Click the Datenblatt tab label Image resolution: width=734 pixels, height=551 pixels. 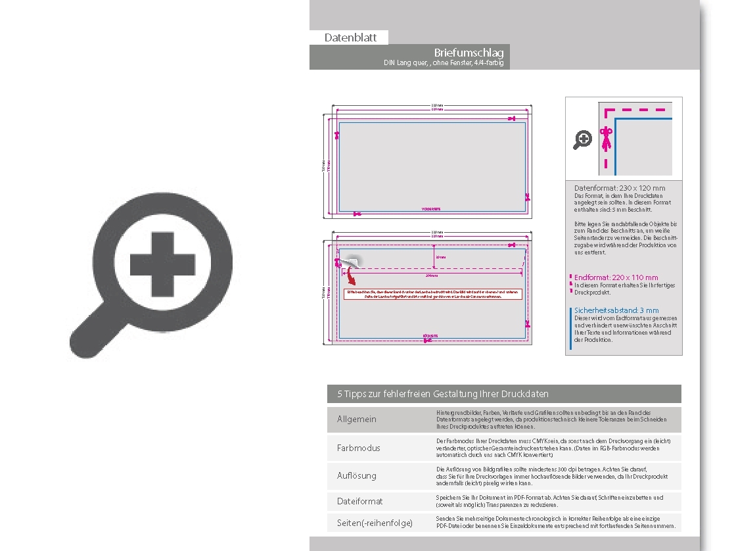[x=350, y=38]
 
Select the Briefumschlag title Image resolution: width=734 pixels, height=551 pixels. [x=469, y=53]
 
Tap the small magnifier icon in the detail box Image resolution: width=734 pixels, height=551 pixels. [x=582, y=140]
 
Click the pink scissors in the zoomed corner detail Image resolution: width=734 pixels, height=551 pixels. [x=607, y=139]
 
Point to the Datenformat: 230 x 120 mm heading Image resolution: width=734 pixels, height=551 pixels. [x=620, y=188]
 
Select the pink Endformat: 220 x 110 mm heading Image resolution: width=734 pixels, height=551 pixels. [x=616, y=277]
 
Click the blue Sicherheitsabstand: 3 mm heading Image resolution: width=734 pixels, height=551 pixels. [x=616, y=310]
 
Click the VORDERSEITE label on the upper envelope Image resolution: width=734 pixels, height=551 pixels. [x=430, y=208]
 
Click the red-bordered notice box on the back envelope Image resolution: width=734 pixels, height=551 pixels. [x=432, y=294]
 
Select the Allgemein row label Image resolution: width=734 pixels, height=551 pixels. [x=357, y=419]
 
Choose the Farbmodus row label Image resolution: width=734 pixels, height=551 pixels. [x=359, y=448]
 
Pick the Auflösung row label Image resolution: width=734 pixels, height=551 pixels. [x=357, y=475]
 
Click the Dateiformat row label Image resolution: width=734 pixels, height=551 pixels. [x=360, y=501]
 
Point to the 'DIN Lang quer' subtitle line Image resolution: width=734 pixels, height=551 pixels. [x=444, y=63]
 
